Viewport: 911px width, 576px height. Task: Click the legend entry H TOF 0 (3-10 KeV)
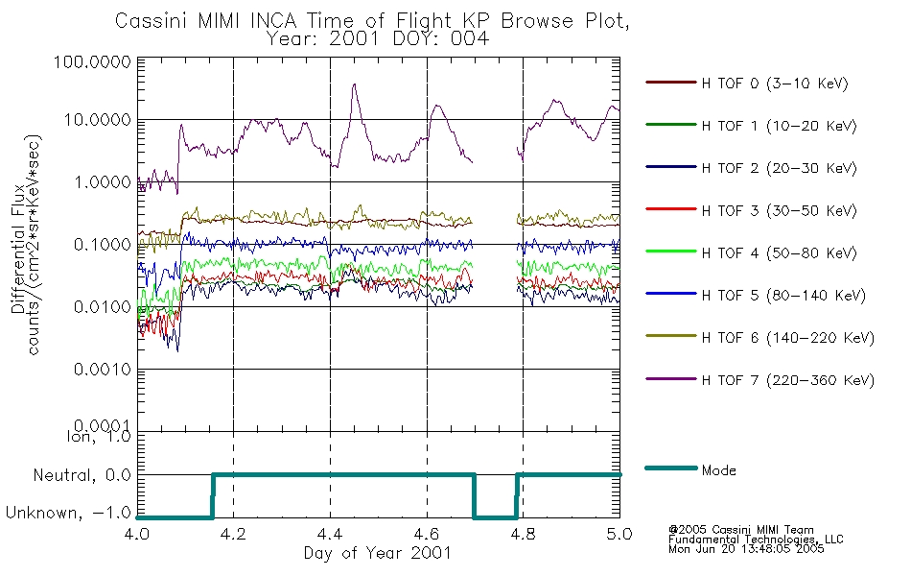point(775,84)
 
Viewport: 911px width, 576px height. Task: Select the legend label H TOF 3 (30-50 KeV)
point(779,210)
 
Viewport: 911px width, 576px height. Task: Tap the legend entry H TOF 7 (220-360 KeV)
point(788,380)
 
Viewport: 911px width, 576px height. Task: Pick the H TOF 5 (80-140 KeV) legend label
point(783,296)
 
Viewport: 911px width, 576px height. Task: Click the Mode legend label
point(718,470)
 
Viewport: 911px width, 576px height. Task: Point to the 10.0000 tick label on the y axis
point(97,120)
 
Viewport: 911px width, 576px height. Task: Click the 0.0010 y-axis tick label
point(103,370)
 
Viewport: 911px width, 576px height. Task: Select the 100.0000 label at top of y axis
point(92,61)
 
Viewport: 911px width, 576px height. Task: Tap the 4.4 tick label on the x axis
point(330,534)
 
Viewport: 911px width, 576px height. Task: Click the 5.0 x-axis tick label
point(619,534)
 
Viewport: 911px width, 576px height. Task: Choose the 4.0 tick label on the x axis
point(137,534)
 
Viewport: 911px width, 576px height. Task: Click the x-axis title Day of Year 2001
point(378,553)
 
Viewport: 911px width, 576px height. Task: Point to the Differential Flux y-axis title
point(18,249)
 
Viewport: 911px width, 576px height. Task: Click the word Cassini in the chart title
point(152,21)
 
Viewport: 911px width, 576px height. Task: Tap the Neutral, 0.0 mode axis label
point(82,476)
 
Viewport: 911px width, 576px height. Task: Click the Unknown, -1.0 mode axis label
point(68,513)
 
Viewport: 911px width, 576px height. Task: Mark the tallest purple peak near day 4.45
point(354,84)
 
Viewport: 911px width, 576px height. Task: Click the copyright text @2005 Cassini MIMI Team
point(740,530)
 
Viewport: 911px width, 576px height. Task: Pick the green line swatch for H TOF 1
point(671,125)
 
